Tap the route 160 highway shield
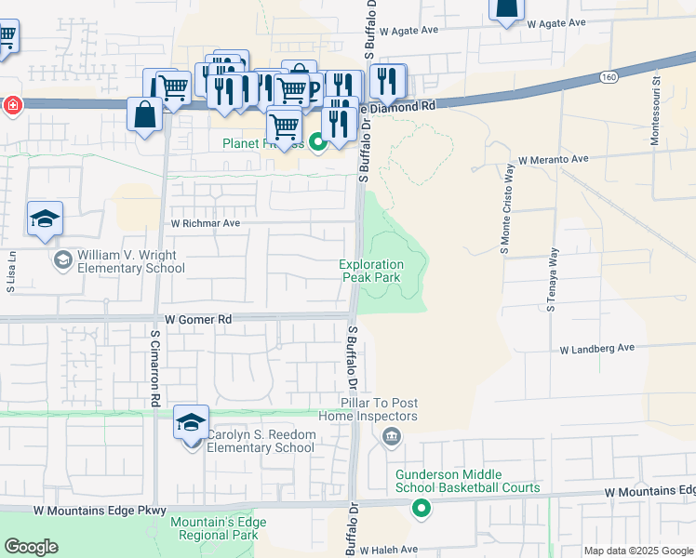(x=609, y=75)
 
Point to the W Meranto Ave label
(x=554, y=160)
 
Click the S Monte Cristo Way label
(x=508, y=210)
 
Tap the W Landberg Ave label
(x=596, y=349)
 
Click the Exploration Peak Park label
(x=372, y=271)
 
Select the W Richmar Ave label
(x=205, y=223)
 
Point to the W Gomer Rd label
(x=197, y=318)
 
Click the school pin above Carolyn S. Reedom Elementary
(x=192, y=423)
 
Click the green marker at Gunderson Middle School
(x=422, y=508)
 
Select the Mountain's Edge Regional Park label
(x=215, y=528)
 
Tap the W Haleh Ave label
(x=389, y=551)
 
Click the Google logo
(x=31, y=547)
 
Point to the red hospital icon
(x=12, y=105)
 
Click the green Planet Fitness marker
(x=317, y=142)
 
